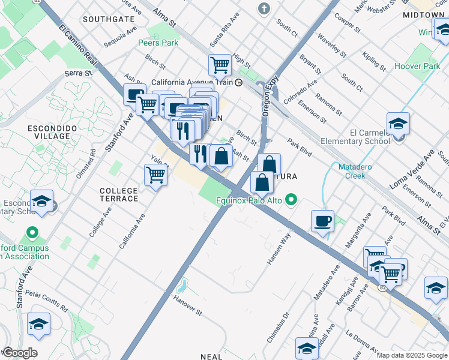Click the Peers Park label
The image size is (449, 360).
click(x=158, y=43)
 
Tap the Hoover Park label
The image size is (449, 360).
click(x=417, y=66)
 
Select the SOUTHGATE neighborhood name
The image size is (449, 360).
click(x=109, y=19)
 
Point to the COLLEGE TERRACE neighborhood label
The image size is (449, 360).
click(x=118, y=195)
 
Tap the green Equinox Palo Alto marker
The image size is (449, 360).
click(x=291, y=200)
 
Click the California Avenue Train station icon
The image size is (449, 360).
click(x=239, y=83)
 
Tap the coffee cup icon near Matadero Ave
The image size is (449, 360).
click(x=323, y=221)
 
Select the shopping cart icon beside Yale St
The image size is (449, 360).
click(x=155, y=175)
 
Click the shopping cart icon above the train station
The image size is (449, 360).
click(x=220, y=64)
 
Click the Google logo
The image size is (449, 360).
click(x=19, y=353)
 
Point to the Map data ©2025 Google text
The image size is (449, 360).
click(x=412, y=355)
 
